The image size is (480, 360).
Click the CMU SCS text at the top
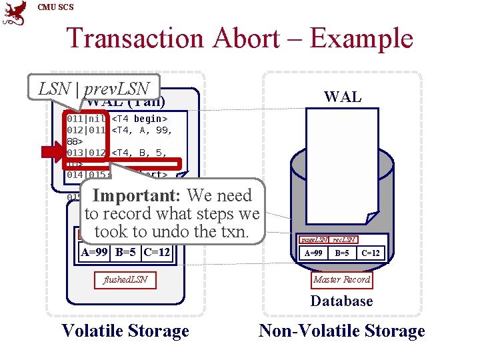56,7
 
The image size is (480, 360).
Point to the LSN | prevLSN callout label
93,87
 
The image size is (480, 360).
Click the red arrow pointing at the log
51,153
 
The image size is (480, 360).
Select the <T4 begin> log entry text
139,119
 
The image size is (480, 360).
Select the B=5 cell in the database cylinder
341,253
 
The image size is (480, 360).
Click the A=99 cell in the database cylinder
313,253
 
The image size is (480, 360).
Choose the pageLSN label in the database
313,239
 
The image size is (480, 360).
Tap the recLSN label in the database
343,239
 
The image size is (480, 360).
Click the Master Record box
342,280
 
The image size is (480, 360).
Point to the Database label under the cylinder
341,301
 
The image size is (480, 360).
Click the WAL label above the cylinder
342,97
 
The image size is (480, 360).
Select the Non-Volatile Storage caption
341,331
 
